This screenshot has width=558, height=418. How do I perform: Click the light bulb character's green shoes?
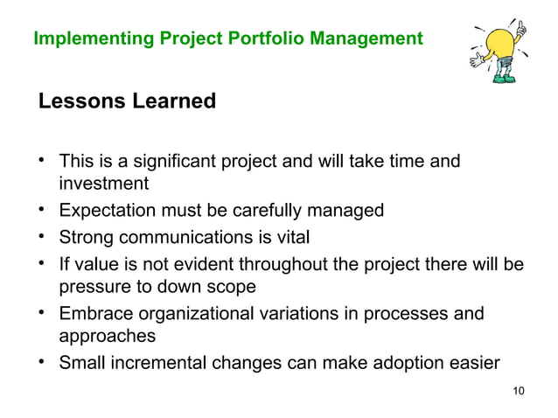[x=505, y=79]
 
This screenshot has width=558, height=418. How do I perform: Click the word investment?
[x=103, y=184]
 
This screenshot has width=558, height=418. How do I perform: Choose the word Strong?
[x=85, y=237]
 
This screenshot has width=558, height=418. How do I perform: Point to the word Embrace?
[x=92, y=313]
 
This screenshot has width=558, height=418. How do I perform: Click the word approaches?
[x=104, y=336]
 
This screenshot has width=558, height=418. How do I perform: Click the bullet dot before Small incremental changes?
[x=42, y=361]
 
